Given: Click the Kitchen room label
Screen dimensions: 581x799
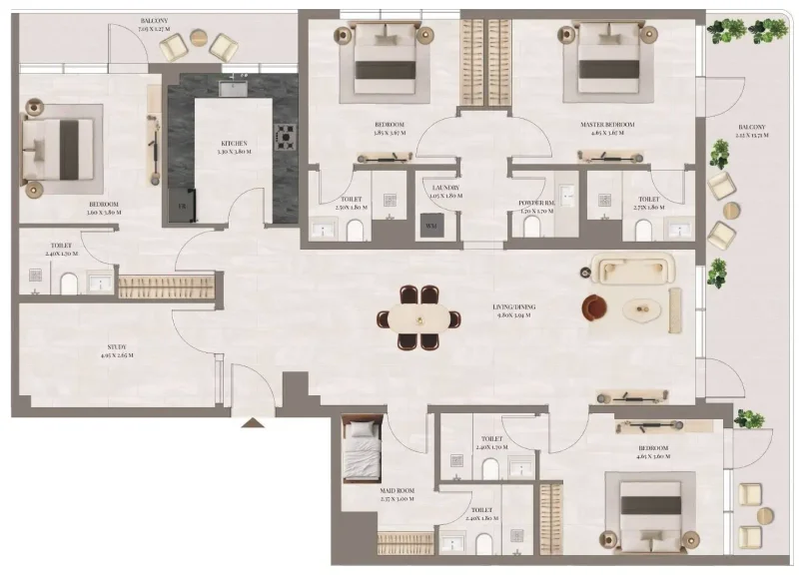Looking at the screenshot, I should tap(235, 144).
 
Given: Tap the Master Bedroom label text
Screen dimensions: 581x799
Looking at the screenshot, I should tap(608, 125).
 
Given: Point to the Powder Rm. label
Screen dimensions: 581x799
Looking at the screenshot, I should tap(537, 204).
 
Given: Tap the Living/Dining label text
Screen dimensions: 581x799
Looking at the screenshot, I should tap(513, 310).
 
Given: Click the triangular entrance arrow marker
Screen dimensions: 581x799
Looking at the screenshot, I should tap(254, 422).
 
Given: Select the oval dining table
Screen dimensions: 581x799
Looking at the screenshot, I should tap(419, 318).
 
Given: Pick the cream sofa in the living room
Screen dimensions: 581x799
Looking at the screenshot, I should tap(633, 270).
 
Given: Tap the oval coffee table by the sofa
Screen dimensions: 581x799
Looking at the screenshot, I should tap(643, 311).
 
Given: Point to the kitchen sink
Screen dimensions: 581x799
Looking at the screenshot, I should tap(233, 87).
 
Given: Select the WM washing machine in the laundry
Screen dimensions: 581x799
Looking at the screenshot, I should tap(431, 227).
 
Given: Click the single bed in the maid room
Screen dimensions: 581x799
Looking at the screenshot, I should tap(362, 452).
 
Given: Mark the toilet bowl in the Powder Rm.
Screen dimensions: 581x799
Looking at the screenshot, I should tap(530, 228).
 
